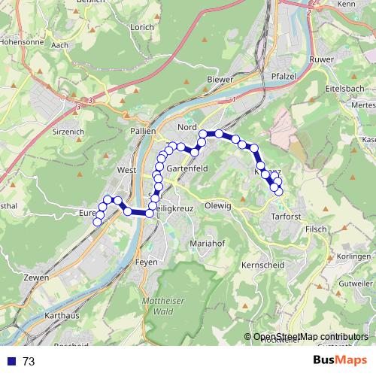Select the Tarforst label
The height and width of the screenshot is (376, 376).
pyautogui.click(x=284, y=217)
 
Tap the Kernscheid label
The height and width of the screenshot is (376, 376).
pyautogui.click(x=261, y=265)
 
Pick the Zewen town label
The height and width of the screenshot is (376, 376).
pyautogui.click(x=36, y=277)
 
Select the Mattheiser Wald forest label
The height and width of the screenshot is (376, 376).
pyautogui.click(x=159, y=305)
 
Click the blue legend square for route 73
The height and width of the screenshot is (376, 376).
pyautogui.click(x=11, y=361)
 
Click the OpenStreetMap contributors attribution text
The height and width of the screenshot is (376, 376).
pyautogui.click(x=311, y=337)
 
